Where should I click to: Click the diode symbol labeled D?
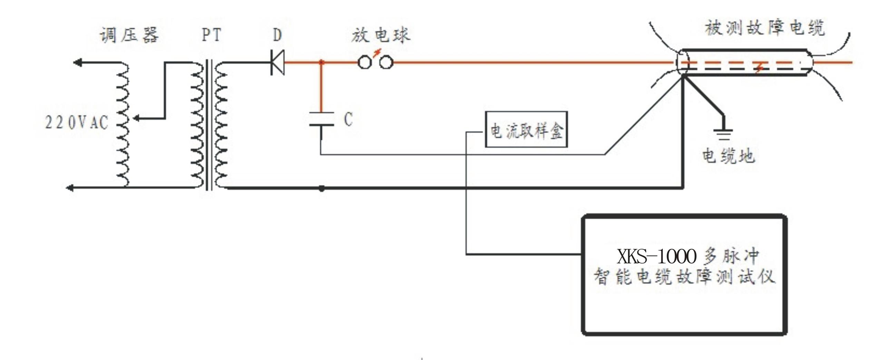point(277,62)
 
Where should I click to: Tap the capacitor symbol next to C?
point(322,119)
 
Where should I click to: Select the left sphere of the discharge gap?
point(364,62)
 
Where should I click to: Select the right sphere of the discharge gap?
point(386,62)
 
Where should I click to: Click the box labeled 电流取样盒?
point(526,129)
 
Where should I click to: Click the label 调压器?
point(129,35)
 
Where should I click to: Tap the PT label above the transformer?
point(211,35)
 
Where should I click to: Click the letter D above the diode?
point(277,35)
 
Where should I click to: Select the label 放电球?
point(381,35)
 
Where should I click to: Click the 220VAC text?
point(77,123)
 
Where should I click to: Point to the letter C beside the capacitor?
point(348,119)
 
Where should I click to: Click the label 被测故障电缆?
point(764,28)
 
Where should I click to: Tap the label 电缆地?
point(728,156)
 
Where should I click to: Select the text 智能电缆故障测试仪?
point(684,277)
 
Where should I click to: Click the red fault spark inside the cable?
point(759,68)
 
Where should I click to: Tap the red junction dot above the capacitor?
point(322,62)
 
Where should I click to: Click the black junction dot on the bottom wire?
point(322,188)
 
